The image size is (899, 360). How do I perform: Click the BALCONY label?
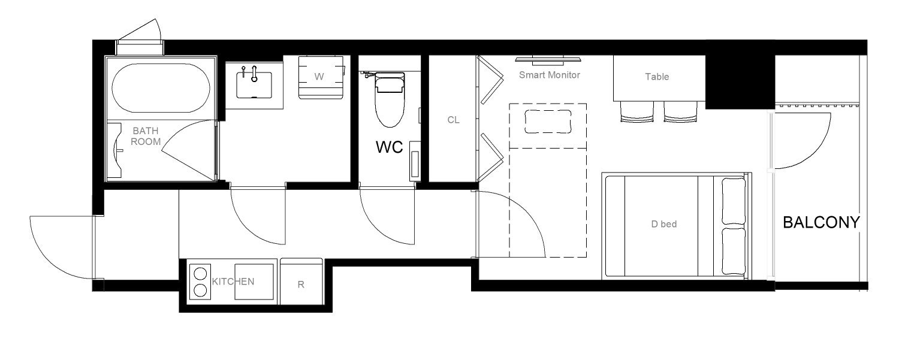(821, 222)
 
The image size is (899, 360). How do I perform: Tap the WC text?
(390, 147)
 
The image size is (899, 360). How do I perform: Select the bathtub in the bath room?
(161, 88)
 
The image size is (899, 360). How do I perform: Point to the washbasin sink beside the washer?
(254, 84)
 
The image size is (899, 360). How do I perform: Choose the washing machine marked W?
(321, 77)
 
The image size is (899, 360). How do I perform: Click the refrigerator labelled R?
(301, 282)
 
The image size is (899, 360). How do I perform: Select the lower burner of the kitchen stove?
(200, 290)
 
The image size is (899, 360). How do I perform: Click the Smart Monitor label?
(549, 75)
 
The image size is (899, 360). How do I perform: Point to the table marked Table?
(659, 78)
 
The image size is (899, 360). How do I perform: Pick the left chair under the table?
(636, 111)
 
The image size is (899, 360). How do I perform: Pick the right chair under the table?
(681, 111)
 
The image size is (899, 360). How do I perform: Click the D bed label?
(664, 224)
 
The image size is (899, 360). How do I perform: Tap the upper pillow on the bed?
(734, 201)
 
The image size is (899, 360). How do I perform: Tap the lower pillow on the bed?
(734, 252)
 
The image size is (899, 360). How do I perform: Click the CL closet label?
(453, 120)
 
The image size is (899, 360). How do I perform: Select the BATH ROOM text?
(145, 136)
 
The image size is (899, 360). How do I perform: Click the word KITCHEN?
(233, 282)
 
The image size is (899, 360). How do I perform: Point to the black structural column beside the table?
(740, 82)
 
